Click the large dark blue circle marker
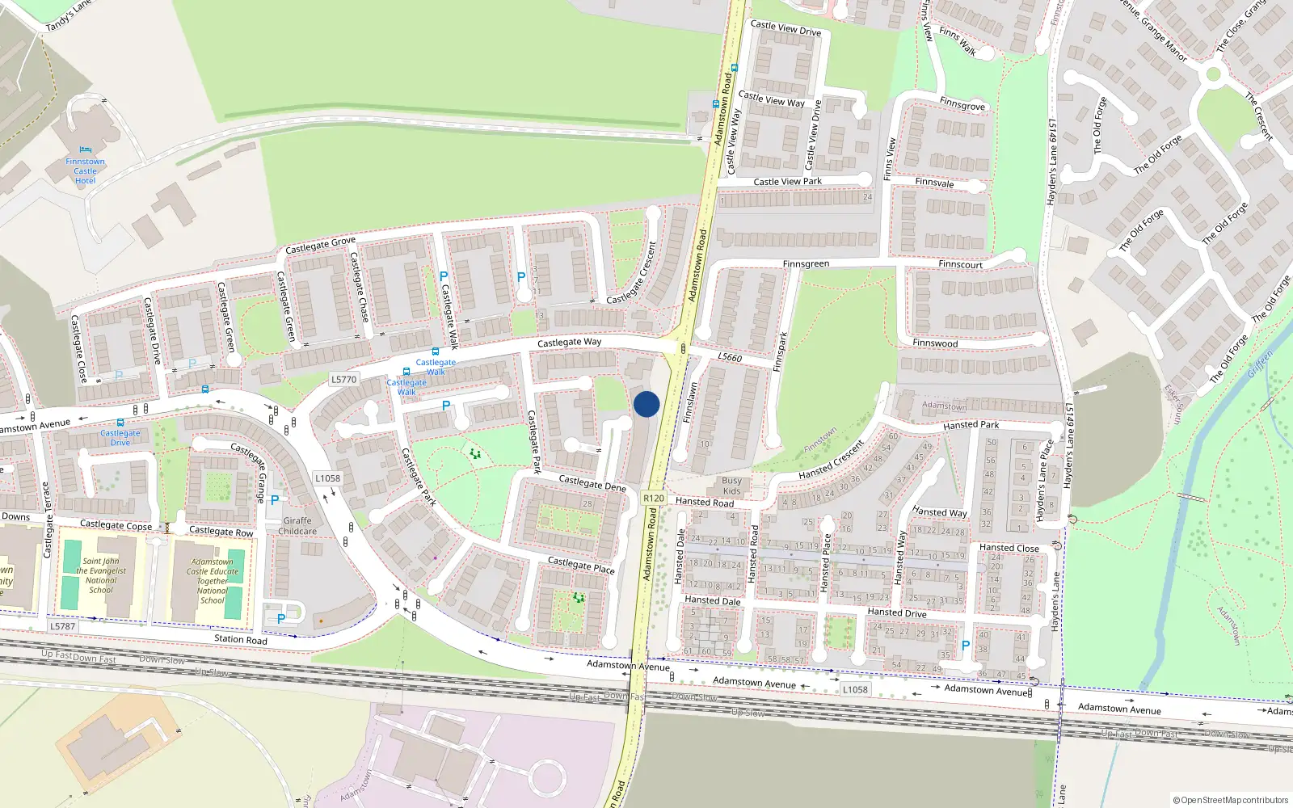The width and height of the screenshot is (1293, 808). (x=646, y=404)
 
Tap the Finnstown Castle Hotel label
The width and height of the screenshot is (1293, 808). (x=85, y=170)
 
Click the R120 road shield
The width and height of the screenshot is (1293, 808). (x=654, y=499)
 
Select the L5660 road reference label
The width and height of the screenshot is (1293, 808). (x=729, y=357)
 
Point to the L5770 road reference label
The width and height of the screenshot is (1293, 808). (x=343, y=379)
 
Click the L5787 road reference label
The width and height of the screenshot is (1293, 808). (x=62, y=626)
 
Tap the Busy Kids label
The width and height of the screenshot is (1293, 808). (x=731, y=486)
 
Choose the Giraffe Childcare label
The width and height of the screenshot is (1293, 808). (x=297, y=526)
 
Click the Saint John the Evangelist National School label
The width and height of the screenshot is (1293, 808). (x=101, y=575)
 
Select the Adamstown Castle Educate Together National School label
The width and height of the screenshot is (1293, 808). (x=213, y=581)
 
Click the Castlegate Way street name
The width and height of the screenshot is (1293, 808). (x=569, y=343)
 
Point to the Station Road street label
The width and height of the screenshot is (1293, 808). (x=240, y=639)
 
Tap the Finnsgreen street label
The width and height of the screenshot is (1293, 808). (x=806, y=264)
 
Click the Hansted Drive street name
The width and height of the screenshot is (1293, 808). (x=896, y=612)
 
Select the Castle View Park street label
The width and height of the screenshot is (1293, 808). (x=787, y=182)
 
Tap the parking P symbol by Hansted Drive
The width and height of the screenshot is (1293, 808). (x=965, y=646)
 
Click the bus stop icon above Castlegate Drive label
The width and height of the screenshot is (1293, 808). (x=120, y=422)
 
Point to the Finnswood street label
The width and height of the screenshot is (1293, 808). (x=935, y=343)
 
